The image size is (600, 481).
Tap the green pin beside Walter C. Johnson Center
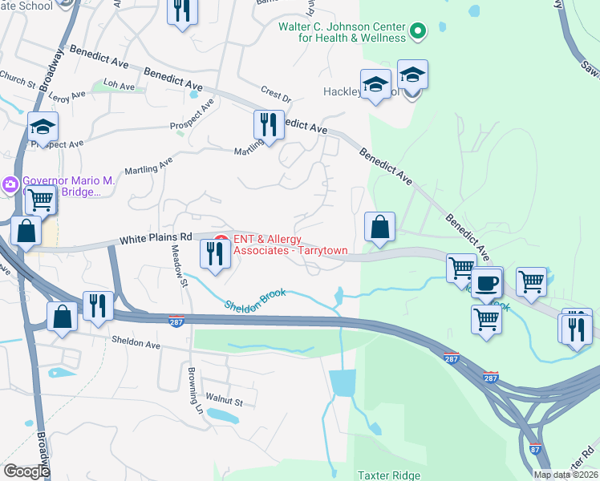(x=416, y=32)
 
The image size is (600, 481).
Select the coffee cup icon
(x=486, y=282)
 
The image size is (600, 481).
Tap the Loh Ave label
(x=119, y=83)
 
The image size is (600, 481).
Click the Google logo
(x=26, y=471)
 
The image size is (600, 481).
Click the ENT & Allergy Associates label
(x=290, y=245)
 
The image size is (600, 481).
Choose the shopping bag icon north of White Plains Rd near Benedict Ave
(x=379, y=228)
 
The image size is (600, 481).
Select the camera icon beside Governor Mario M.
(x=10, y=184)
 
